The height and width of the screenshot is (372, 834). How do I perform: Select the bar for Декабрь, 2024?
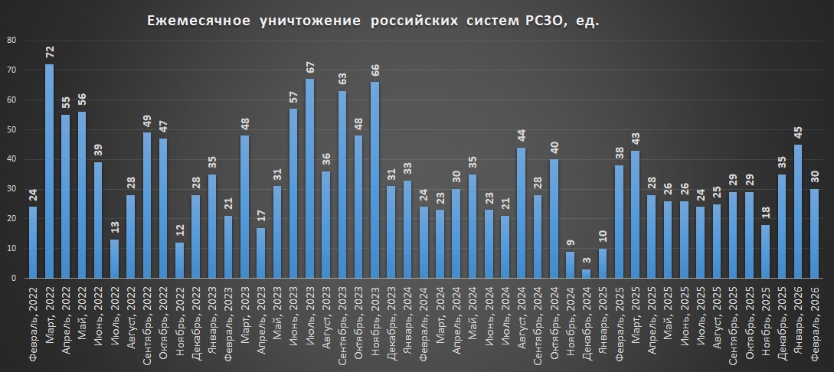click(587, 273)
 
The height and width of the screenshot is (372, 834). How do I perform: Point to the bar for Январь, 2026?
click(798, 211)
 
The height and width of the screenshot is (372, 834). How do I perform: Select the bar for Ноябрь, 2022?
click(179, 260)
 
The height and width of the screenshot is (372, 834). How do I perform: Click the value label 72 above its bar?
click(49, 52)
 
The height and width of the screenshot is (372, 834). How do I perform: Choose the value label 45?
click(798, 133)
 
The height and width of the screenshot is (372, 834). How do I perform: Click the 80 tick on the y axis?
click(11, 40)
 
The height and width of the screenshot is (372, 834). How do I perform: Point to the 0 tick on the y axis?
click(14, 279)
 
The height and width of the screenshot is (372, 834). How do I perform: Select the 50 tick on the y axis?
click(11, 129)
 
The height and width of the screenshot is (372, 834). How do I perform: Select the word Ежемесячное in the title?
click(198, 21)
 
